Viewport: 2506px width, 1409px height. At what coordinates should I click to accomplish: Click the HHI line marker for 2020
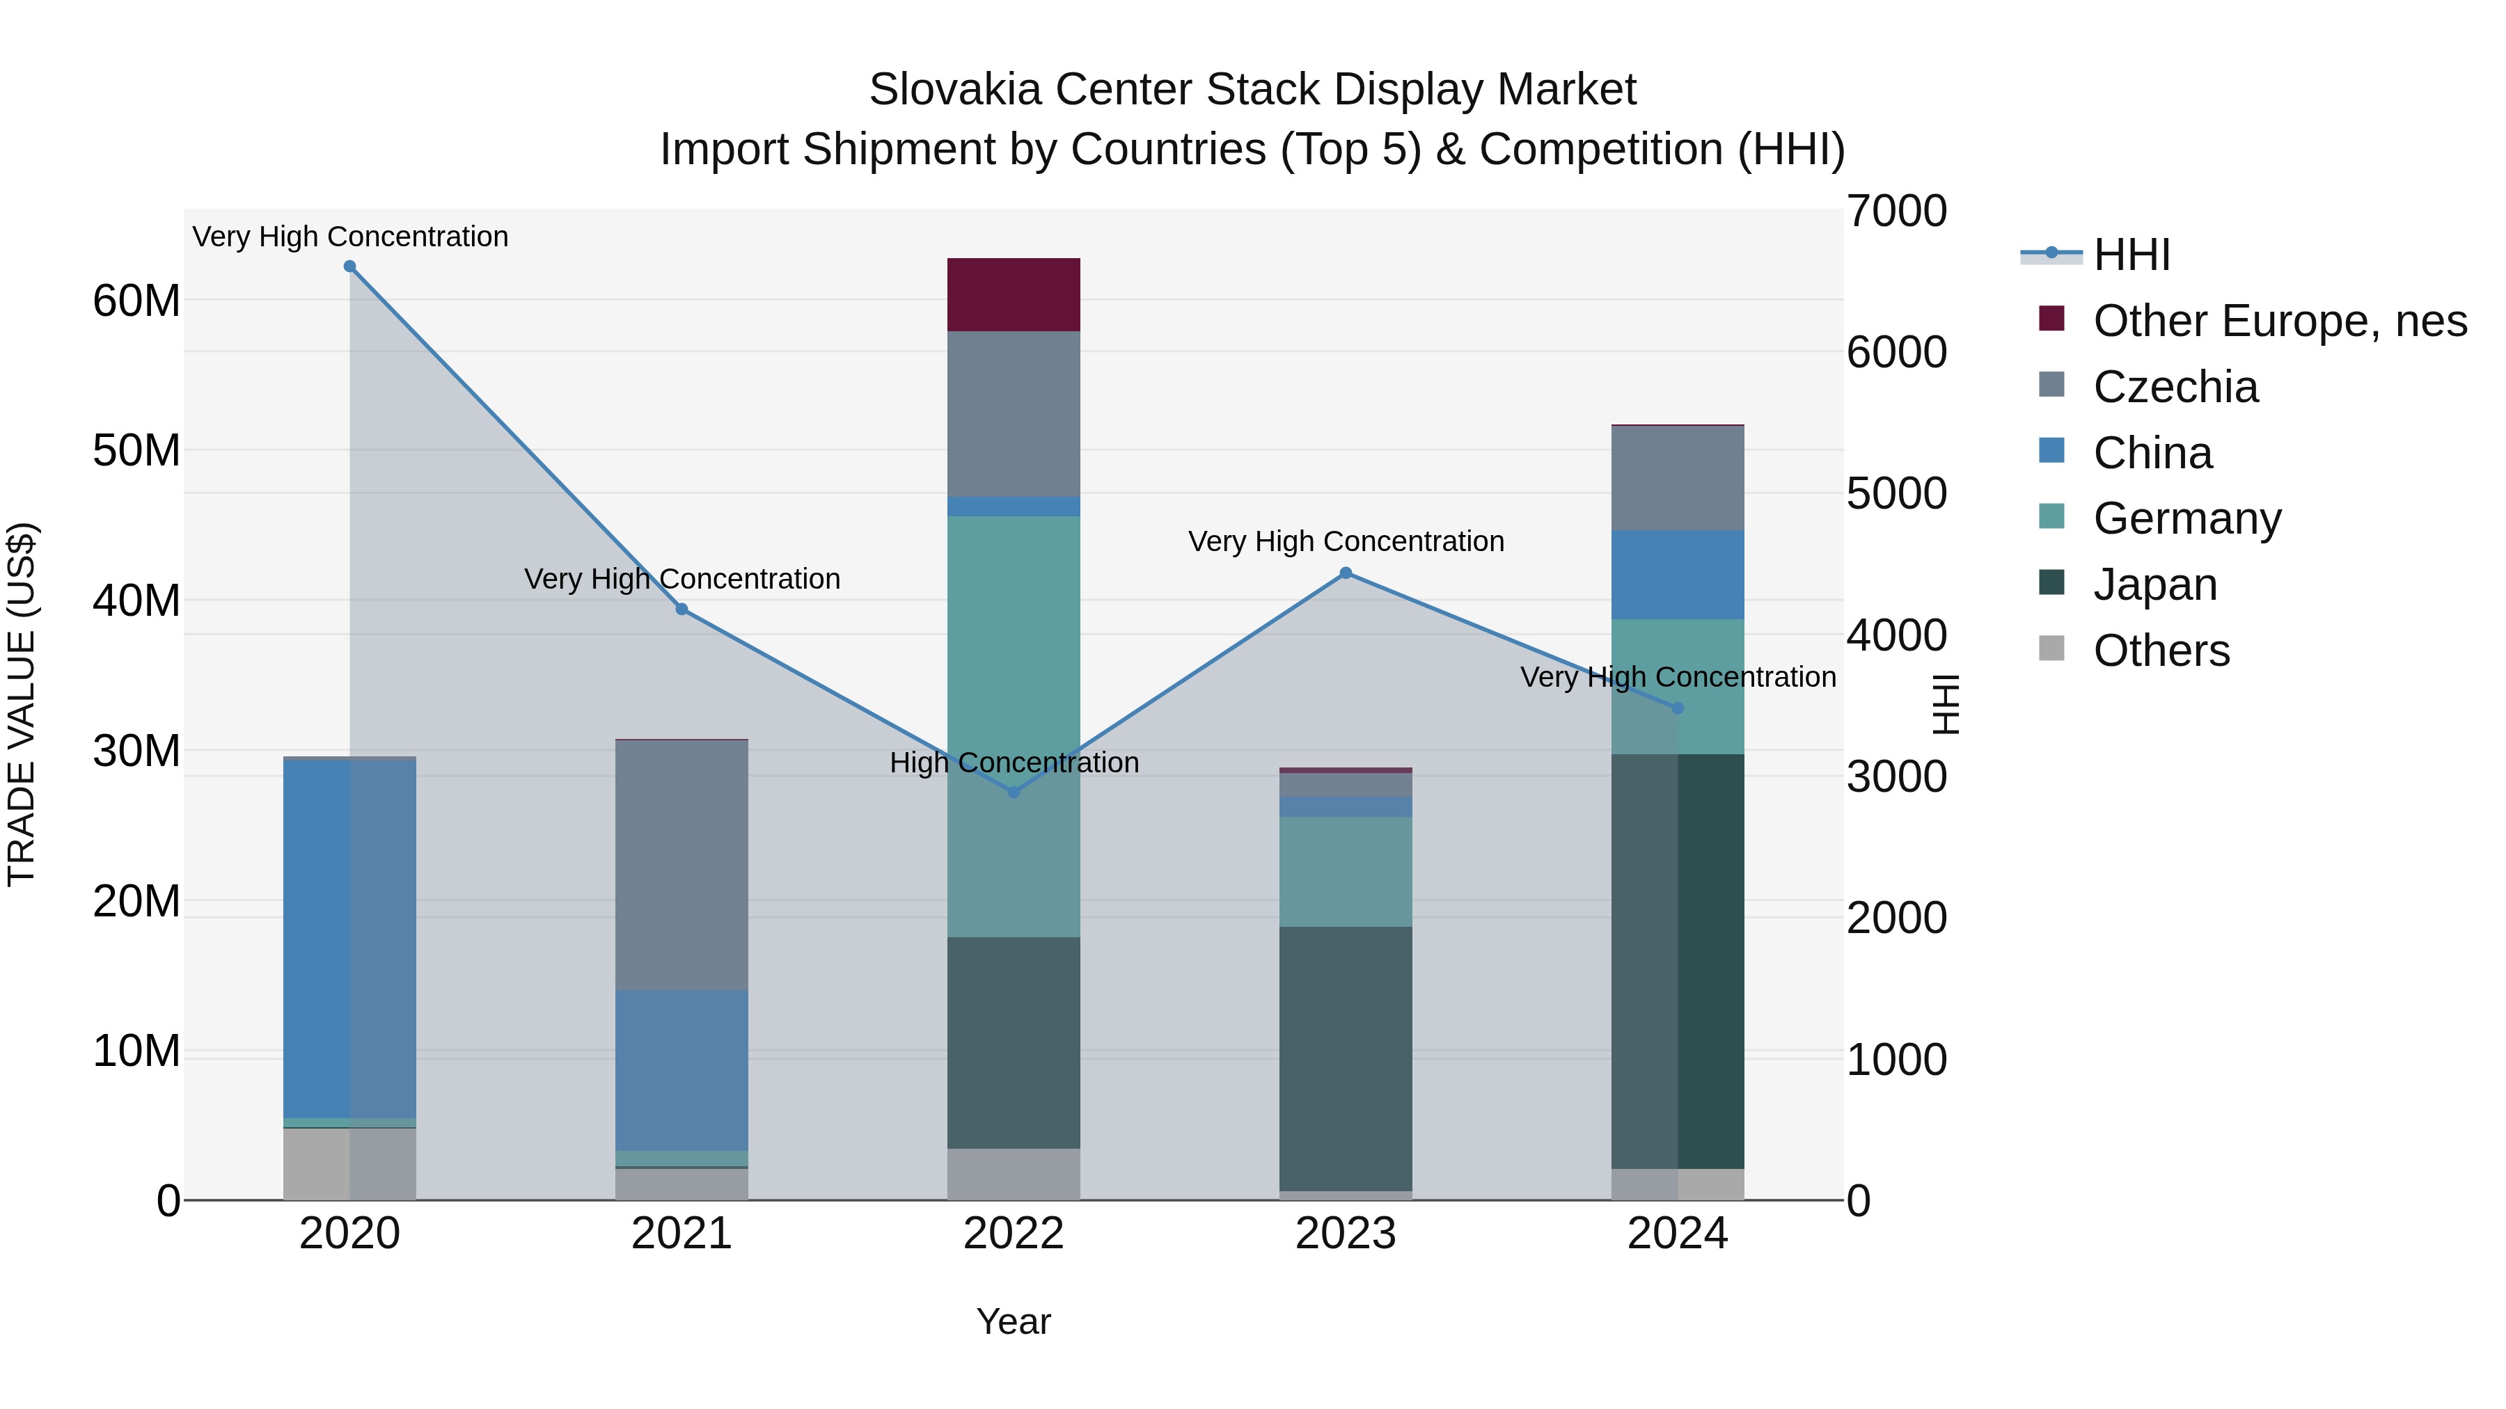pos(349,266)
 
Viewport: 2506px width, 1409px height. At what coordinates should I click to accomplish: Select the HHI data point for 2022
pos(1014,793)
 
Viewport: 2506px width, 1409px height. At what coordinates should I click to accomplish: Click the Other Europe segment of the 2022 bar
pos(1014,294)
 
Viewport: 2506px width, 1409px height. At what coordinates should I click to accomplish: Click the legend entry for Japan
pos(2154,584)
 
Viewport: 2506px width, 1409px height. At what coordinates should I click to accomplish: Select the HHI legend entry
pos(2131,255)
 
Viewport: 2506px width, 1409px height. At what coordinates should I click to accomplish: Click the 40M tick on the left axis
pos(136,601)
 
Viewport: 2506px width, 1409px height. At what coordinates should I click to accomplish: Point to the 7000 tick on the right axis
pos(1896,212)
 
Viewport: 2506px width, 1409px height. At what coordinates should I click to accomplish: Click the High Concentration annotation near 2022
pos(1014,763)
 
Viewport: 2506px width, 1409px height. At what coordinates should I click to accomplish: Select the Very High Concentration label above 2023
pos(1346,541)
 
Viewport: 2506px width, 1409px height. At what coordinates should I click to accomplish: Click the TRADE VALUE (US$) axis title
pos(22,704)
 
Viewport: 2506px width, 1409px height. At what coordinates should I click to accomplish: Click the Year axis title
pos(1013,1321)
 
